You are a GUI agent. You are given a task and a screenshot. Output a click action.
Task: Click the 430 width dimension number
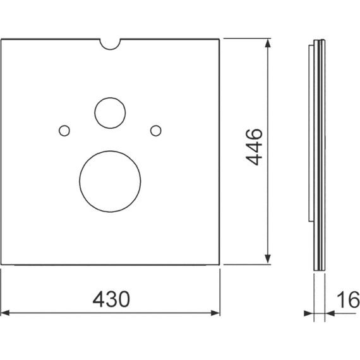111,299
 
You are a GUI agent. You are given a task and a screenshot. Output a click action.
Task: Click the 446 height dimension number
254,147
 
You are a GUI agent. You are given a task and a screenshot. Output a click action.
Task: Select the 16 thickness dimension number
348,299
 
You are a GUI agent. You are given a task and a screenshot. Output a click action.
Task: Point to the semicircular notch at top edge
110,49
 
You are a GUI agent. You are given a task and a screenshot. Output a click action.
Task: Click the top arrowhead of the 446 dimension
268,43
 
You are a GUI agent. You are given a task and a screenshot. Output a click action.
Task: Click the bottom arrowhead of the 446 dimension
268,260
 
